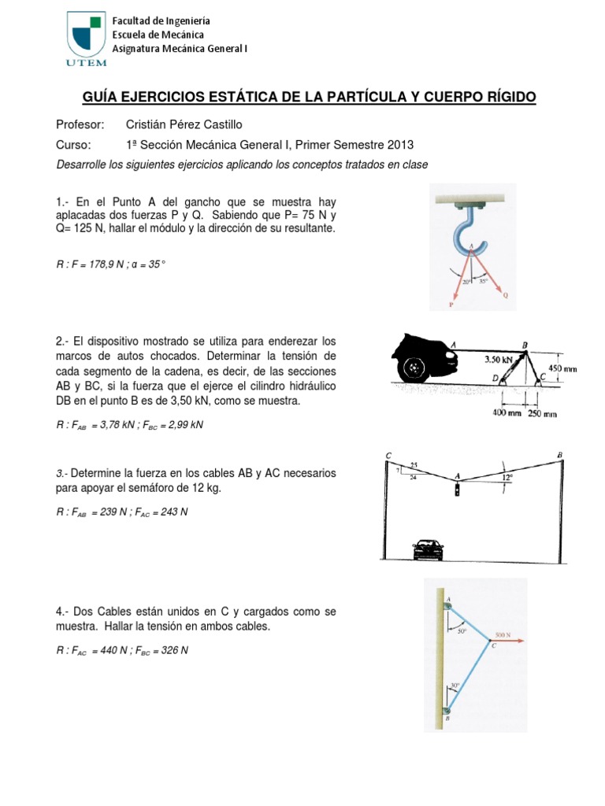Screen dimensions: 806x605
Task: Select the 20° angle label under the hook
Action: pos(466,280)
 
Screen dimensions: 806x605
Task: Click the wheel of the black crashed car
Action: pos(413,368)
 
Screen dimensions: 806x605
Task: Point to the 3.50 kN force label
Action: pos(500,359)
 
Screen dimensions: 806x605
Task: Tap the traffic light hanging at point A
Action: pos(457,491)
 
